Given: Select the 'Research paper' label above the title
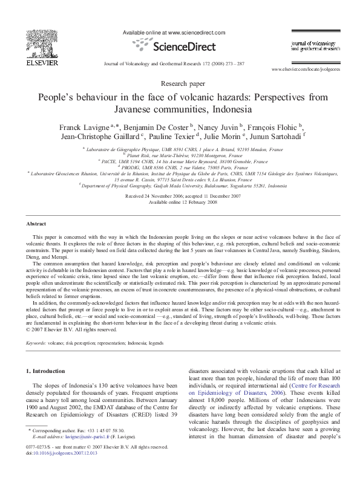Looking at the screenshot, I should (x=180, y=82).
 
